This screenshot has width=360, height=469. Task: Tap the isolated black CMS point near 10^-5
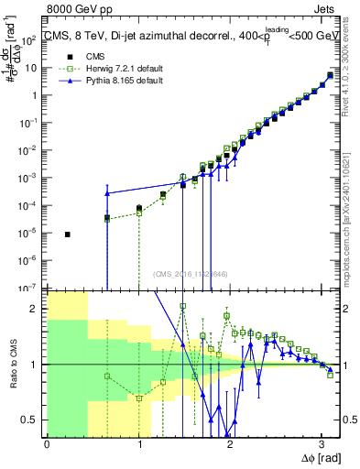click(x=68, y=234)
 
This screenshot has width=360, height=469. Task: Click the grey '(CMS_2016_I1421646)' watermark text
click(x=191, y=273)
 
